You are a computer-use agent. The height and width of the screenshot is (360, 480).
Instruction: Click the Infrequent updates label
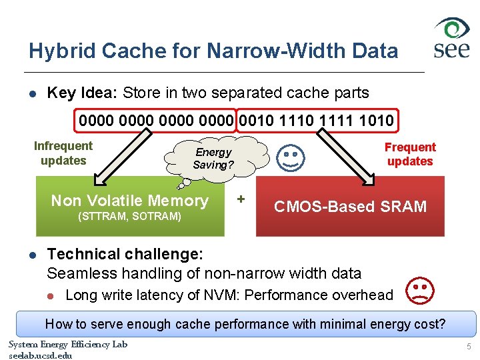point(63,153)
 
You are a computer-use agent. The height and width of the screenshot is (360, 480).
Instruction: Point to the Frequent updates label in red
point(410,154)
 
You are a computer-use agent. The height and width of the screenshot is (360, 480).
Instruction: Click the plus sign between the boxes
point(241,199)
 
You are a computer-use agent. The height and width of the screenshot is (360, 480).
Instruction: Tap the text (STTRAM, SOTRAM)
point(130,217)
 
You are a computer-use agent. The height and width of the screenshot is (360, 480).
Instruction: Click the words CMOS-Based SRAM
point(351,206)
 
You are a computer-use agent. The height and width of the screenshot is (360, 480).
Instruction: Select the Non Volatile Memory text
point(130,200)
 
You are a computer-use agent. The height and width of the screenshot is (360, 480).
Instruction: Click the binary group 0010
point(257,121)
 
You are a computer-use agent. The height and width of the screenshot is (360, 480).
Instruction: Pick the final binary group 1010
point(376,121)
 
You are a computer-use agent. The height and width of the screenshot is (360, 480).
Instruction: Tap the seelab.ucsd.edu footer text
point(41,355)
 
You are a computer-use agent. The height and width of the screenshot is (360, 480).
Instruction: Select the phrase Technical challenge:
point(125,254)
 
